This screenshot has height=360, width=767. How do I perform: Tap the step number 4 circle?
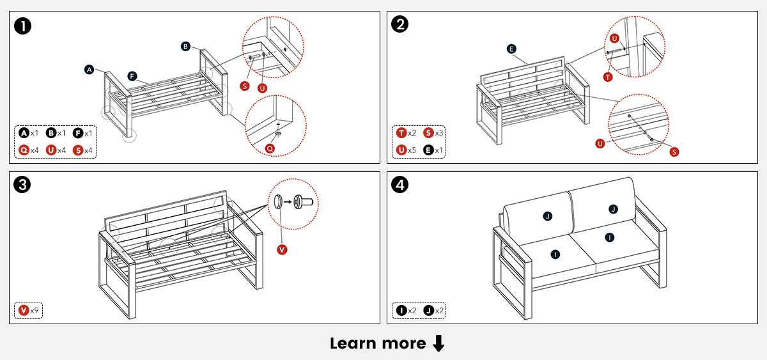tap(400, 185)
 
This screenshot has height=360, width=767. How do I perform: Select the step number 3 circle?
tap(24, 185)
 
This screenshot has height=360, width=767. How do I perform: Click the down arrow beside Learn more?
tap(438, 344)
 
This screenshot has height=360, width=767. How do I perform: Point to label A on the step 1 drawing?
tap(89, 69)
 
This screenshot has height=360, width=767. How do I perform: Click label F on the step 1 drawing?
tap(132, 76)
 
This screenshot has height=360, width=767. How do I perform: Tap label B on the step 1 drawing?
tap(185, 46)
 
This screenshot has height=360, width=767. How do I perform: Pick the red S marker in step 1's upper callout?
tap(245, 86)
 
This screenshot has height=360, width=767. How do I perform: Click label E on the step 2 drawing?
tap(511, 49)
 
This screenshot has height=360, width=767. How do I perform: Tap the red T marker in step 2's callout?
tap(607, 77)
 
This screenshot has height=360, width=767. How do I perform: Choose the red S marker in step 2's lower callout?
tap(674, 152)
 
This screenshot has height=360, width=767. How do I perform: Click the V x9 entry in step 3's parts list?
tap(29, 311)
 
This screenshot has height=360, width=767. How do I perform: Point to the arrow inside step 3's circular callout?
tap(287, 201)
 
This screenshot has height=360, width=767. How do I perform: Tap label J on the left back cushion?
tap(548, 216)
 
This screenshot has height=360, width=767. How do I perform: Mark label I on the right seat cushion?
tap(610, 237)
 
